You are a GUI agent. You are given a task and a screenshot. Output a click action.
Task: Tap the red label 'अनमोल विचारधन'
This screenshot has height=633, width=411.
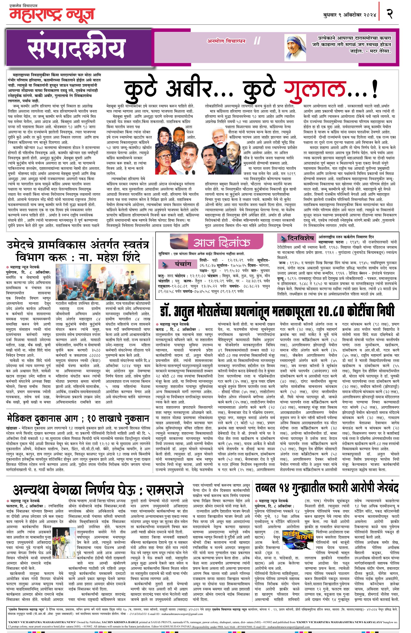(x=226, y=41)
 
